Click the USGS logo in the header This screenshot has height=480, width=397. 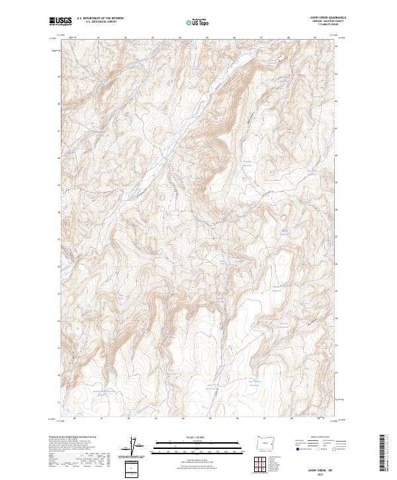pyautogui.click(x=61, y=22)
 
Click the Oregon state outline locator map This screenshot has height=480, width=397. pyautogui.click(x=273, y=443)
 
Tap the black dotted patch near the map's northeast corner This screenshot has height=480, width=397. pyautogui.click(x=281, y=58)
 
